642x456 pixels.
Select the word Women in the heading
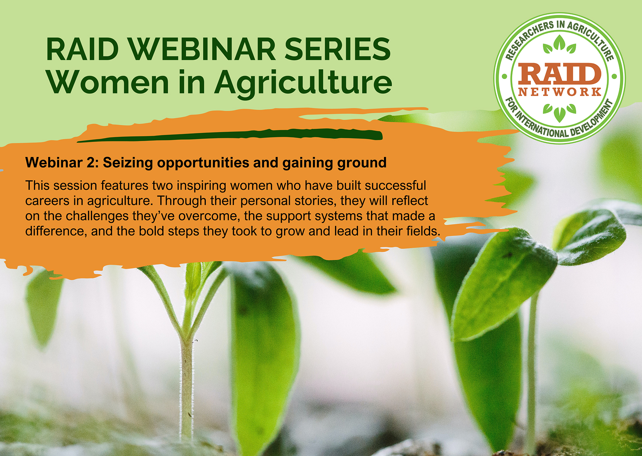(x=108, y=83)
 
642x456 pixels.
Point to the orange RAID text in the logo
(x=559, y=74)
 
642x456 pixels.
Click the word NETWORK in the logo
(x=560, y=92)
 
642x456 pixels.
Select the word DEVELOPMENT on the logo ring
(x=592, y=121)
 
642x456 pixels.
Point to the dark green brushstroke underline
(x=230, y=135)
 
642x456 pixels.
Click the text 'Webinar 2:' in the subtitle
(x=62, y=163)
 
